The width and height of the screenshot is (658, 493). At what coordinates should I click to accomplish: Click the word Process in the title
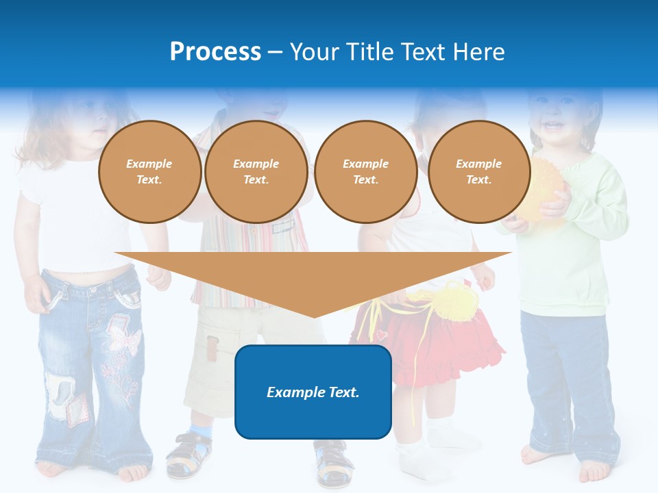tap(215, 51)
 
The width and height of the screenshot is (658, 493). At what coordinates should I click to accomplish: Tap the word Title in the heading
tap(369, 51)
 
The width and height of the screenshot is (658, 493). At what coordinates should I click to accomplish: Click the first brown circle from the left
tap(149, 172)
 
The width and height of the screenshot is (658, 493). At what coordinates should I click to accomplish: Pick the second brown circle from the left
tap(256, 172)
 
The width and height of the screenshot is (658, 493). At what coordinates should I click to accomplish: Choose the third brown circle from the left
tap(366, 172)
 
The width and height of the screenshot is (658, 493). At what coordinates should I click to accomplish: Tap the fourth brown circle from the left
tap(479, 172)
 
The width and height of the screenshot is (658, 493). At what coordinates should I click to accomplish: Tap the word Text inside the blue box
tap(343, 392)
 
